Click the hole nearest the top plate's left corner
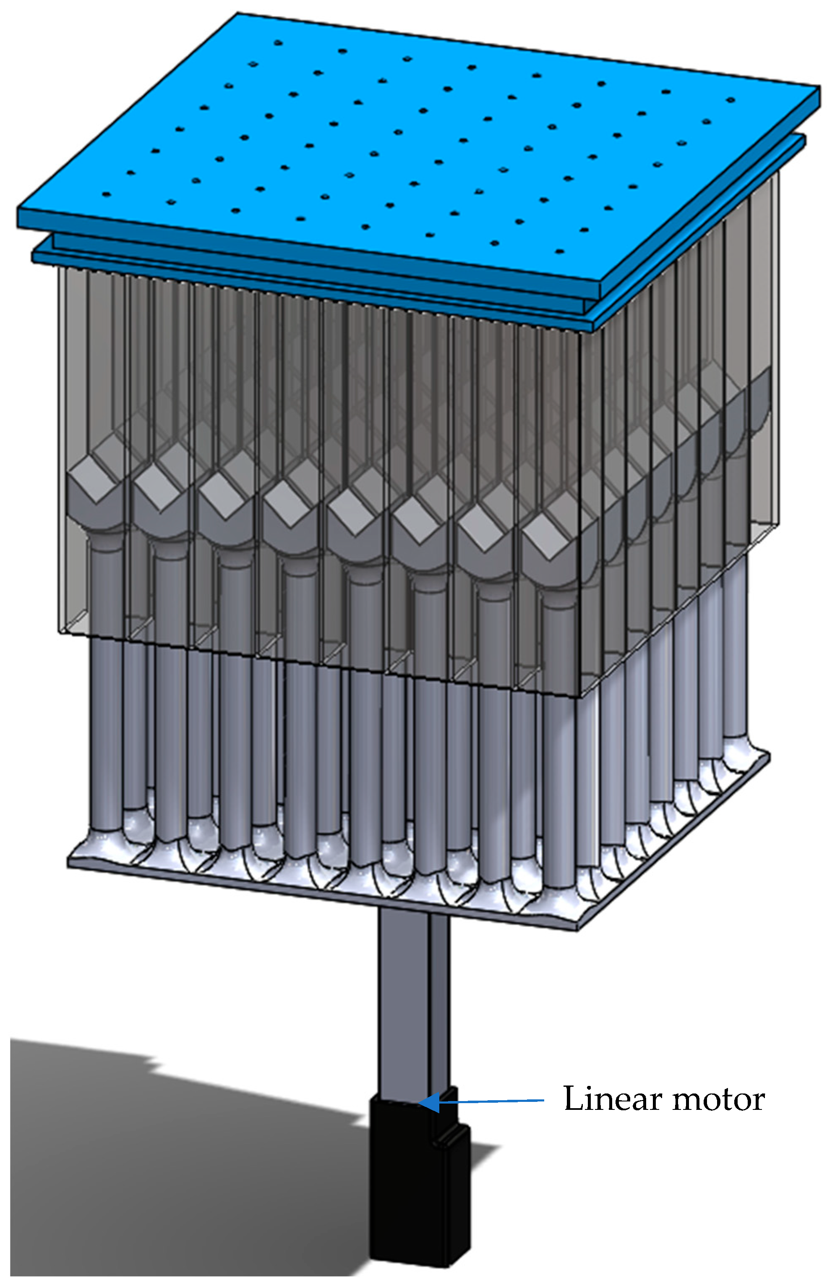[x=106, y=194]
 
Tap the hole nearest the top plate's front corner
[x=559, y=251]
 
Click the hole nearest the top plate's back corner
[x=278, y=42]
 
